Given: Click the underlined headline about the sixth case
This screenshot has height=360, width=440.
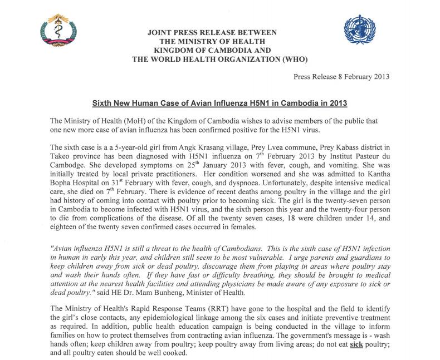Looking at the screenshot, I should coord(219,104).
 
